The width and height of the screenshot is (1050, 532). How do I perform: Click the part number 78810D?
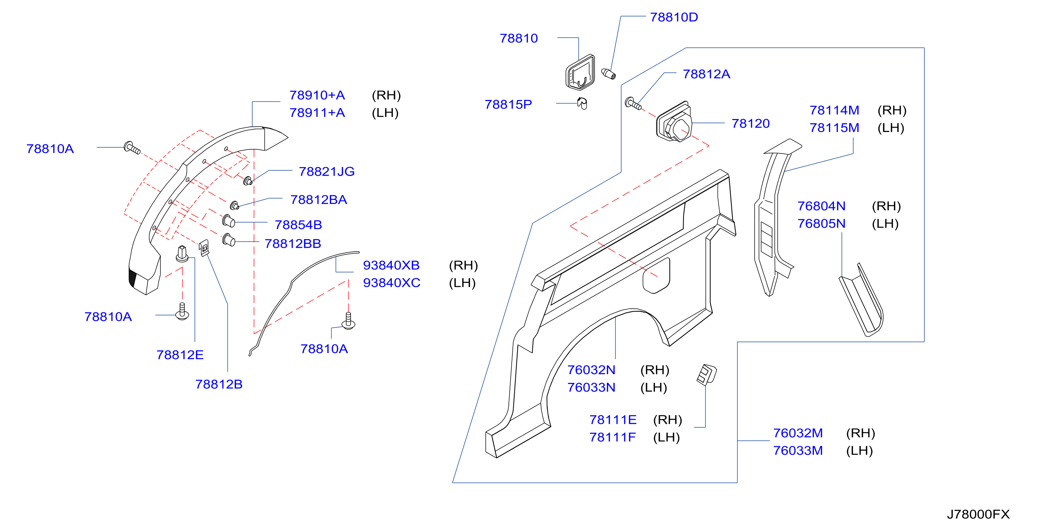tap(674, 17)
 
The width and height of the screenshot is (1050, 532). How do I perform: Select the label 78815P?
tap(508, 104)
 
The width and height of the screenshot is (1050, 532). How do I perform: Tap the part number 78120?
tap(750, 123)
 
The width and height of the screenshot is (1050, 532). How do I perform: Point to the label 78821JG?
tap(327, 171)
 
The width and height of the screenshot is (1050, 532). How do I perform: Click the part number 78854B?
tap(298, 225)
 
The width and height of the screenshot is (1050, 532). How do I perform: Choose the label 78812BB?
tap(293, 244)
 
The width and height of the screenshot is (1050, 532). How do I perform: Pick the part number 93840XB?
tap(391, 265)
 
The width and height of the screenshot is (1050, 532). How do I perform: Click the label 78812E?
tap(180, 355)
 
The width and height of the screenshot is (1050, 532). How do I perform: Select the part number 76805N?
tap(821, 224)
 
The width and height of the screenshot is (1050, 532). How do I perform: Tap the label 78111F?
tap(612, 437)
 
